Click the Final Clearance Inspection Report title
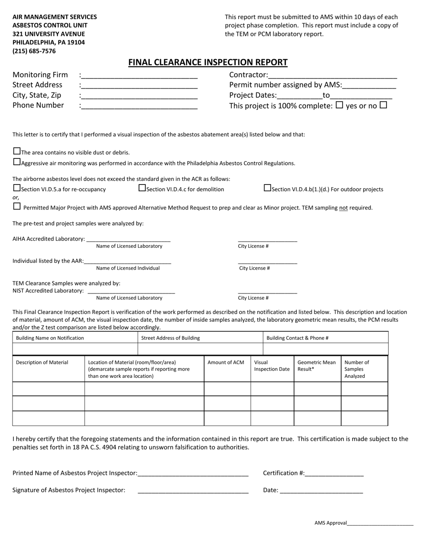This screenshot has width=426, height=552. click(x=208, y=62)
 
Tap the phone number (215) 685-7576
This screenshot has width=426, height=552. click(x=34, y=51)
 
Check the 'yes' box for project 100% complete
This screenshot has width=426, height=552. click(x=339, y=105)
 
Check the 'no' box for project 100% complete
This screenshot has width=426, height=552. click(x=383, y=105)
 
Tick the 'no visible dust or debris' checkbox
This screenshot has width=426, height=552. click(x=17, y=151)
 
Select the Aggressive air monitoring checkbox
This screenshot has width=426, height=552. click(x=17, y=162)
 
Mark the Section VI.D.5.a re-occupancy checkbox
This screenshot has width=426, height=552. click(x=17, y=188)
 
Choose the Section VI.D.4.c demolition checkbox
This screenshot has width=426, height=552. click(x=142, y=188)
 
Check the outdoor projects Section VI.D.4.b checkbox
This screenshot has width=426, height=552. click(x=267, y=188)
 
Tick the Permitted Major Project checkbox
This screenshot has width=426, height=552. click(x=17, y=206)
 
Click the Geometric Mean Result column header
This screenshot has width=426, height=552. click(x=317, y=366)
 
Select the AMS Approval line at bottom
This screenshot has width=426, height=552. click(x=380, y=524)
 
